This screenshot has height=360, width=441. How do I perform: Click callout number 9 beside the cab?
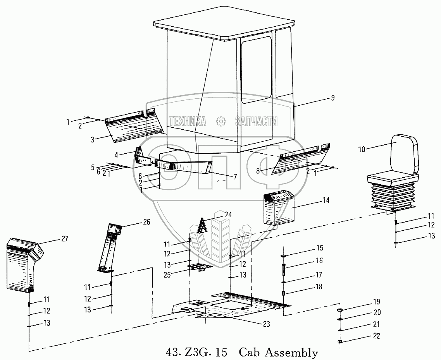coord(332,98)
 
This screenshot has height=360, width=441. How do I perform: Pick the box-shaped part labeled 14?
coord(278,209)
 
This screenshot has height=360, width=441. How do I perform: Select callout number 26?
coord(146,222)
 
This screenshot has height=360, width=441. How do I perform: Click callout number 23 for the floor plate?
coord(266,324)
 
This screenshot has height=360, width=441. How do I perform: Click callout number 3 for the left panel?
coord(93,139)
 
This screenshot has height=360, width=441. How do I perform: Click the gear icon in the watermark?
coord(220,121)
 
